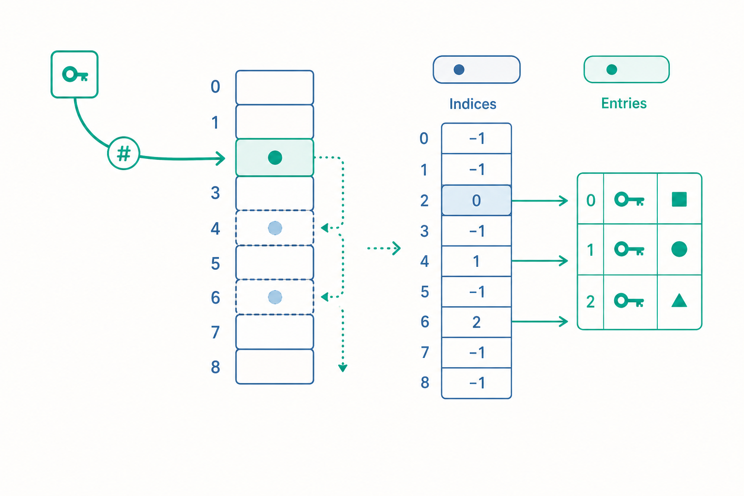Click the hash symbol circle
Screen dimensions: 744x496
[124, 154]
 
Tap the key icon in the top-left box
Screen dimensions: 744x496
[75, 75]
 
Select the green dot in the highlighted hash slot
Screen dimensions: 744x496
[275, 157]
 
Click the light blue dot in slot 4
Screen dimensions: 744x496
[275, 228]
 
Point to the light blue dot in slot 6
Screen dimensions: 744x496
[275, 297]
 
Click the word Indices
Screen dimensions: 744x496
[473, 104]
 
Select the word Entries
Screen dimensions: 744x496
[624, 103]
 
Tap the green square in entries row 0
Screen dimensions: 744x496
[679, 200]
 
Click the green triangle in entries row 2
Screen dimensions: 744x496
[679, 300]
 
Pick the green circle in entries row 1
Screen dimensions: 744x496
[679, 249]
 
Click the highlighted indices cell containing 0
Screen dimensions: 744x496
[476, 201]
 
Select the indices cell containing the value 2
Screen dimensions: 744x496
[476, 322]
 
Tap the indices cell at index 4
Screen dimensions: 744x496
[476, 262]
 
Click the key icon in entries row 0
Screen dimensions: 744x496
[629, 200]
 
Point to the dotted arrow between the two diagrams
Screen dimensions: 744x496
[384, 248]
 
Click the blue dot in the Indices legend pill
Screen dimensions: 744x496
[459, 69]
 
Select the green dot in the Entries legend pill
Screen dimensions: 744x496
[612, 69]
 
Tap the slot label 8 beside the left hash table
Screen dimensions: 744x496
[216, 367]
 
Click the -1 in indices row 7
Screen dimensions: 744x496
[477, 353]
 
